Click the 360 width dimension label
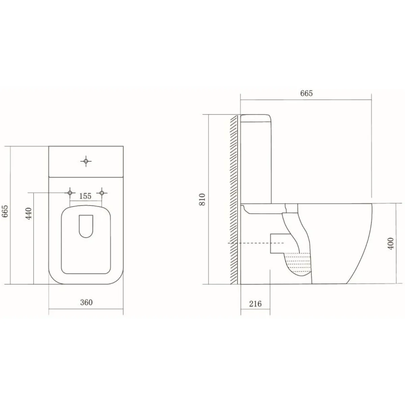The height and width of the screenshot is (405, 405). [86, 302]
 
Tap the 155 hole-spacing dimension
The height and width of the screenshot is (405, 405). [85, 196]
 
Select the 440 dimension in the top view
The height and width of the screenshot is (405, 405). [28, 214]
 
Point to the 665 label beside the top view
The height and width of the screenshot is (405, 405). [5, 211]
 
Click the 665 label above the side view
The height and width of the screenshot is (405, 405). [306, 93]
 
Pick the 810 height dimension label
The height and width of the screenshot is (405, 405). [202, 199]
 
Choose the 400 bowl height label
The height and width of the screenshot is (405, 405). [390, 244]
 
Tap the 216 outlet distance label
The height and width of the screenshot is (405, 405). [255, 304]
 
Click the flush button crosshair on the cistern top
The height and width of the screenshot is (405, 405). [86, 161]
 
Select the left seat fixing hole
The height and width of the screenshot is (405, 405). [70, 193]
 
